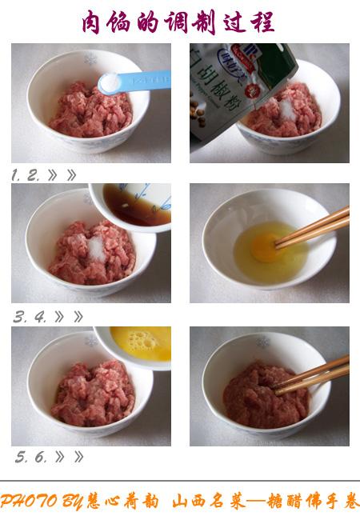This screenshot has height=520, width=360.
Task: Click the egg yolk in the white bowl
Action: tap(266, 247)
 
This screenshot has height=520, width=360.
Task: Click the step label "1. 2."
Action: tap(26, 175)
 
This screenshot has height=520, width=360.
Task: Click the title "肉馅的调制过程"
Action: tap(180, 22)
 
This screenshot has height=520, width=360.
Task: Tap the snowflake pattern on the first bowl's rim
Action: tap(90, 59)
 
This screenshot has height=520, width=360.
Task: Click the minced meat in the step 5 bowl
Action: tap(92, 392)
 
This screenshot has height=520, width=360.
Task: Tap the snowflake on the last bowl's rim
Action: tap(263, 342)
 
